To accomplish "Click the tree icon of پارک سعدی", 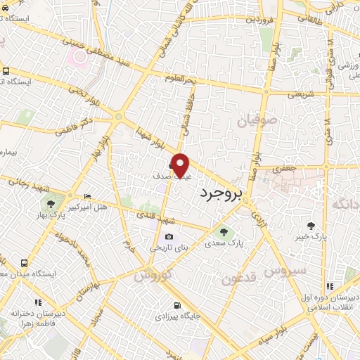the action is tap(224, 232).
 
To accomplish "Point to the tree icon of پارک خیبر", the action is tap(311, 226).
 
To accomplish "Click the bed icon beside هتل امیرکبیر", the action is tap(87, 196).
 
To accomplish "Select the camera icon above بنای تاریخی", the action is tap(168, 237).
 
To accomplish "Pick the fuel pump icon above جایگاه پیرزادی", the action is tap(176, 305).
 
